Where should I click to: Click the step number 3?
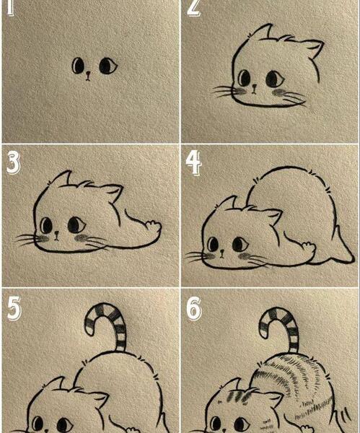[x=13, y=164]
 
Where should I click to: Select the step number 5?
[x=14, y=308]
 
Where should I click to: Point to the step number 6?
[x=194, y=309]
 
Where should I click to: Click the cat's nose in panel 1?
[x=88, y=75]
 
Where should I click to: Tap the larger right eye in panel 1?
[x=108, y=66]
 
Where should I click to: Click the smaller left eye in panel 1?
[x=78, y=66]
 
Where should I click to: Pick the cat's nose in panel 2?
[x=254, y=88]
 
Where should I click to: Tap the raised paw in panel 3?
[x=153, y=226]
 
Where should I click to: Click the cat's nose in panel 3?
[x=56, y=235]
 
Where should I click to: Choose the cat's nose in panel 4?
[x=221, y=253]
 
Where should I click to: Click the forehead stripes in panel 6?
[x=237, y=396]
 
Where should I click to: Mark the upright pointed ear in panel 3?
[x=61, y=178]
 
